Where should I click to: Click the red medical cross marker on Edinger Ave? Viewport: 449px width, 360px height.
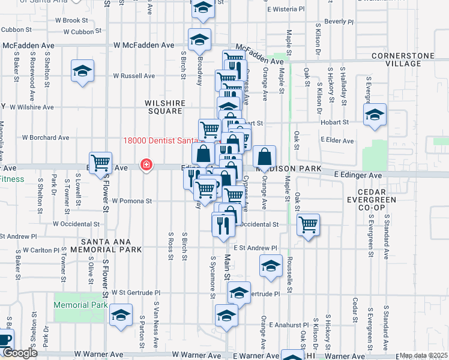(146, 164)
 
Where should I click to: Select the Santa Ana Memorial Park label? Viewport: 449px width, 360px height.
(106, 245)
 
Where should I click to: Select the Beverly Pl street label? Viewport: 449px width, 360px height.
(339, 22)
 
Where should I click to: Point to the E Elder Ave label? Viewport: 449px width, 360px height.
(338, 140)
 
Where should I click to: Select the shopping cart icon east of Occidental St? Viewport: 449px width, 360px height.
(309, 225)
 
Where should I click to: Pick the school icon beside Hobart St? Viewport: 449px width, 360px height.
(375, 114)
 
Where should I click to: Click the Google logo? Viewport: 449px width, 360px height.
(19, 353)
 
